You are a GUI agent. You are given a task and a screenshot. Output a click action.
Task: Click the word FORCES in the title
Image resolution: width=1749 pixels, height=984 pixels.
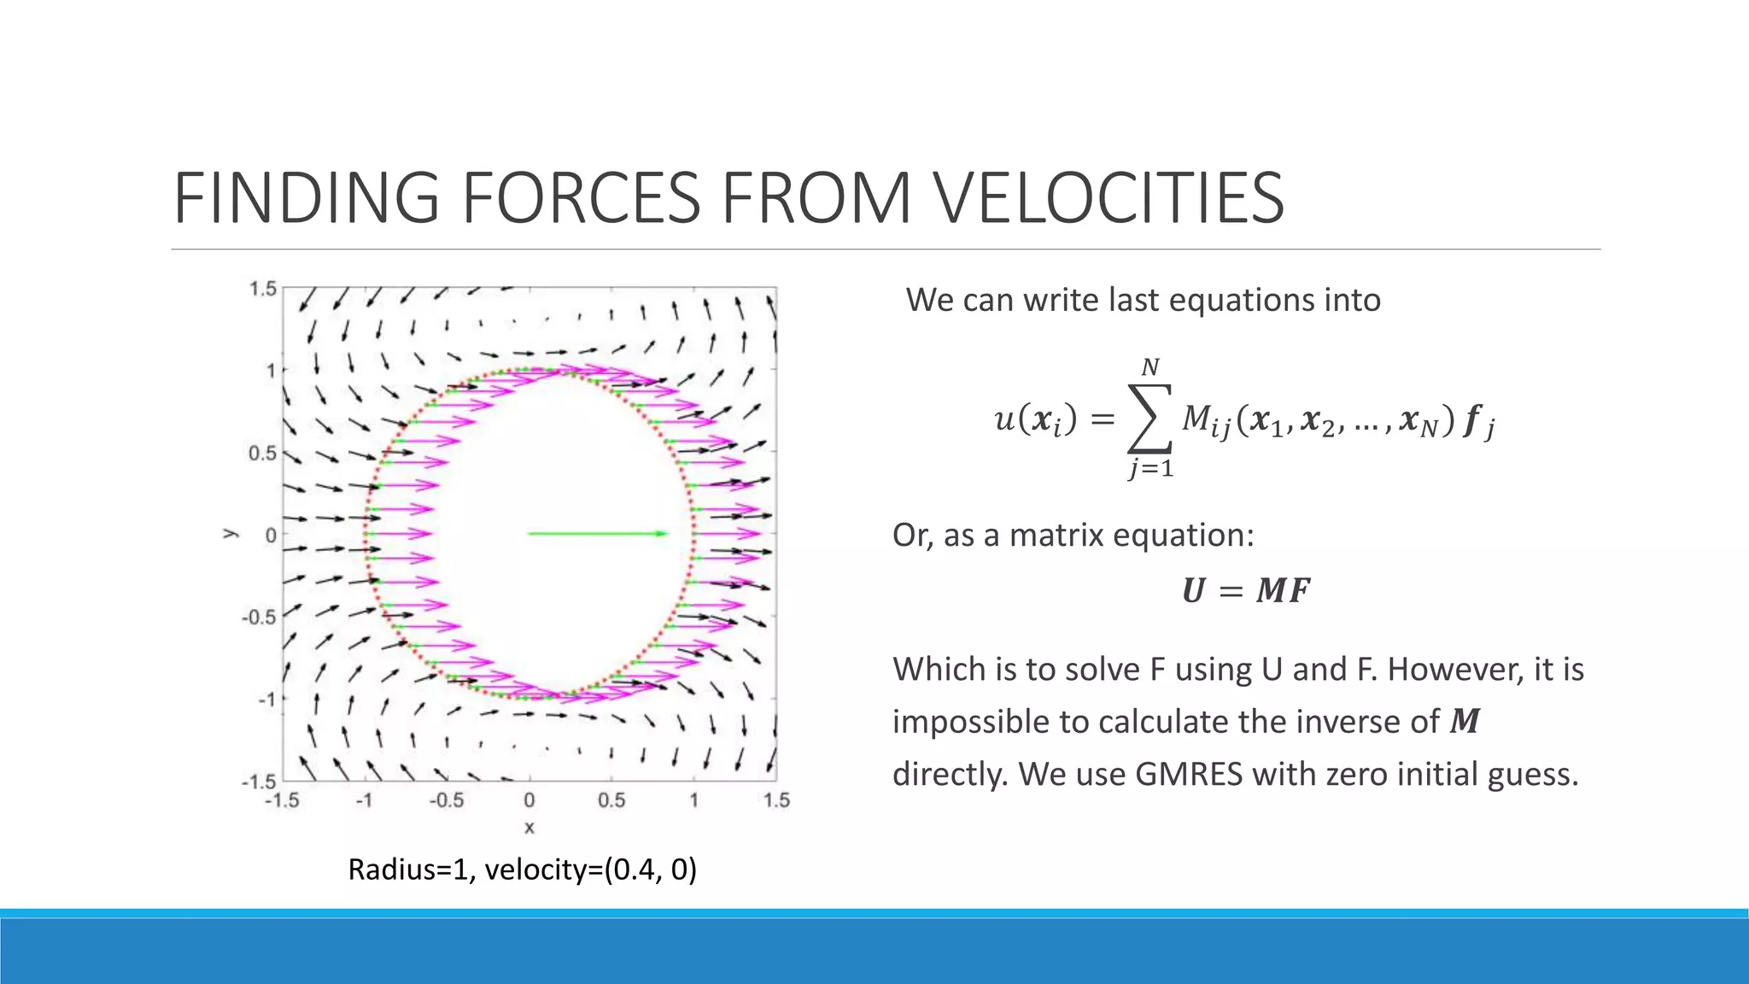click(592, 198)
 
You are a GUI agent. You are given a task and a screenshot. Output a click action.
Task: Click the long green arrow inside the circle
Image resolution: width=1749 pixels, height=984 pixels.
click(598, 534)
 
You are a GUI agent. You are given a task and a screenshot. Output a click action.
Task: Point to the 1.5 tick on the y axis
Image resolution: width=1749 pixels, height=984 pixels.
click(263, 289)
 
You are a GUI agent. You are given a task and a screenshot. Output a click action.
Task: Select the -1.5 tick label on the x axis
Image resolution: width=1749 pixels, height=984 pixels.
click(282, 800)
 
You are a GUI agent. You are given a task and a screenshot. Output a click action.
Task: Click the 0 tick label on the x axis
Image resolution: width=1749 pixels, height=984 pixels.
click(529, 800)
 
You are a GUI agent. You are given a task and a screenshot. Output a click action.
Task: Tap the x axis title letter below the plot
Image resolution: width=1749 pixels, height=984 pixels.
click(529, 827)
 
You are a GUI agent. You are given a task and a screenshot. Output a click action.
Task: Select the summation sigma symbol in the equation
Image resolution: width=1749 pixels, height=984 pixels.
click(1149, 419)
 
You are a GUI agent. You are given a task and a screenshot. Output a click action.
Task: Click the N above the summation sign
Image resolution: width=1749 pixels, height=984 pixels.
click(1150, 367)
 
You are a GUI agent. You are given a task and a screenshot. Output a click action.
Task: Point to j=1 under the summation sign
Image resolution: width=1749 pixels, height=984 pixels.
click(1150, 468)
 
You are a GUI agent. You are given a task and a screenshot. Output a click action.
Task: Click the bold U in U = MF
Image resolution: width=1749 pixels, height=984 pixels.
click(1194, 591)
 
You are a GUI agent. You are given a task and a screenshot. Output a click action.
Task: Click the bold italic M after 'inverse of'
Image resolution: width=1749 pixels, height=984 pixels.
click(1465, 722)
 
